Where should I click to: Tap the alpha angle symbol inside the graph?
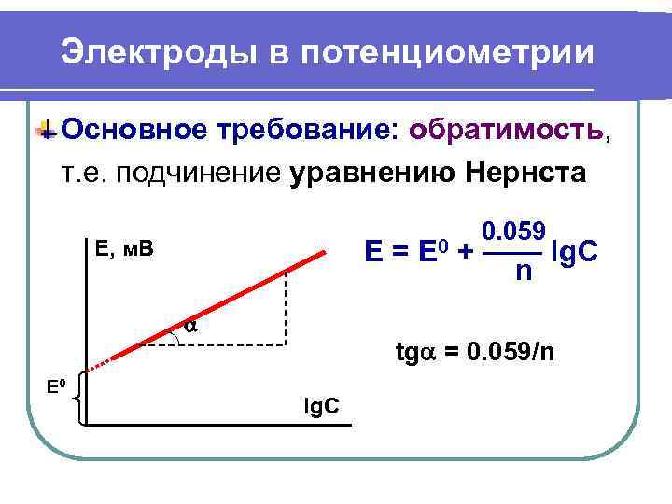[x=190, y=326]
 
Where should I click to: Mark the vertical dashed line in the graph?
[x=286, y=308]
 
